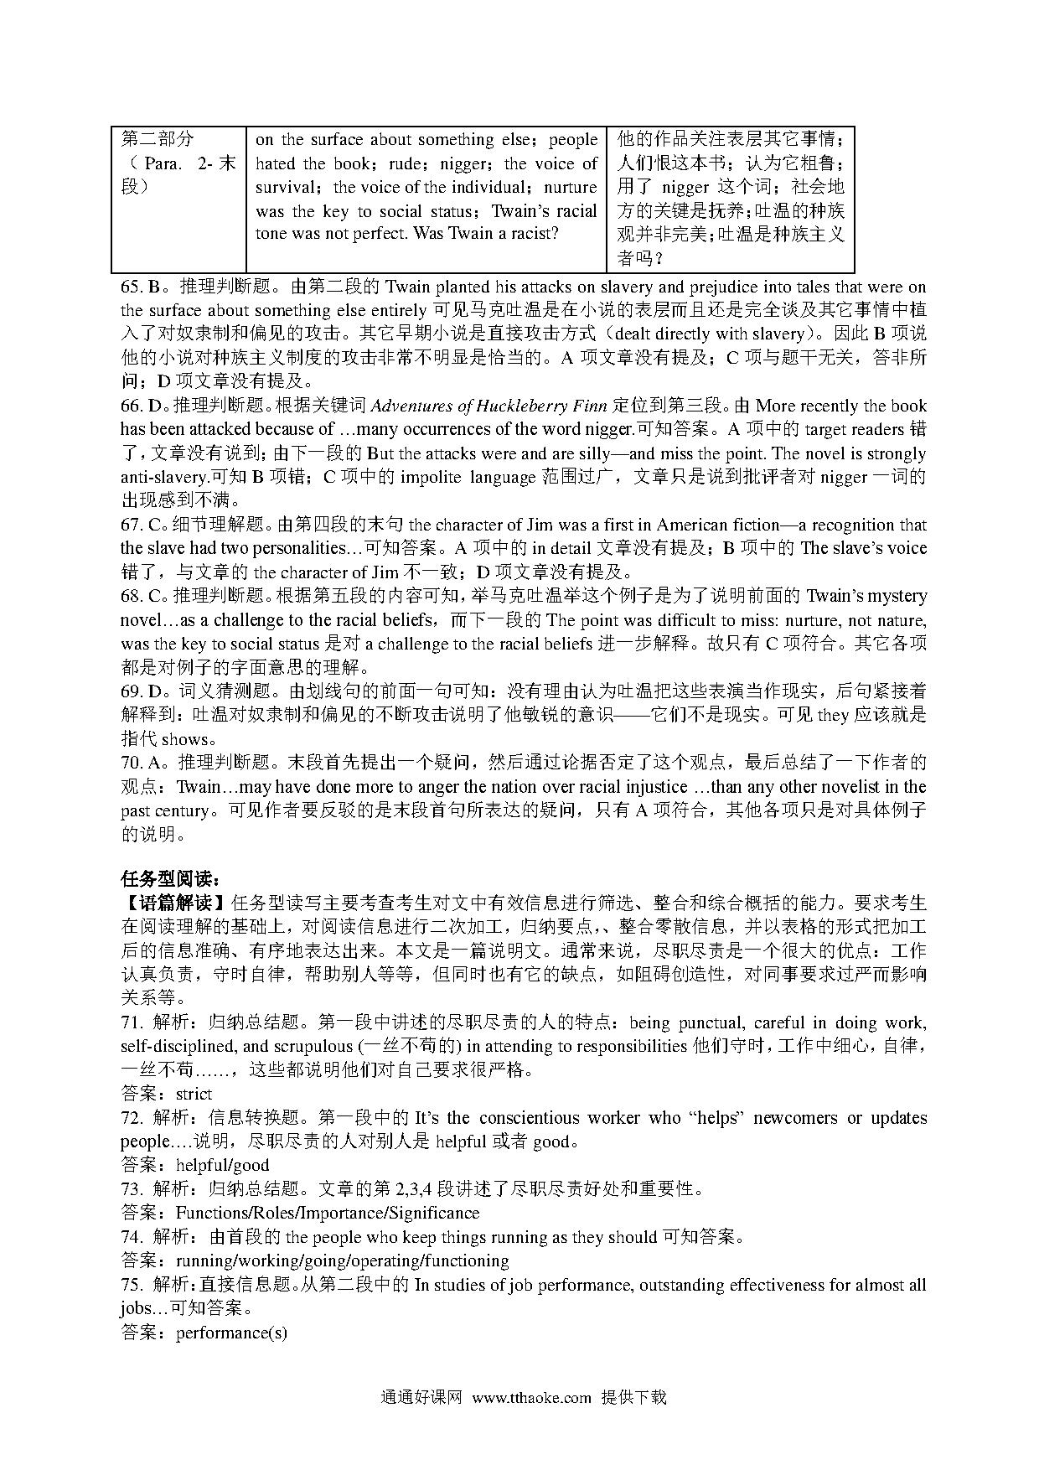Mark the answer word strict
(194, 1094)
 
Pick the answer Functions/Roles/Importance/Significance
(327, 1213)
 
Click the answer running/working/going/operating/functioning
(342, 1260)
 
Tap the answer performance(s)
(231, 1332)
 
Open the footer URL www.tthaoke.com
(532, 1397)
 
